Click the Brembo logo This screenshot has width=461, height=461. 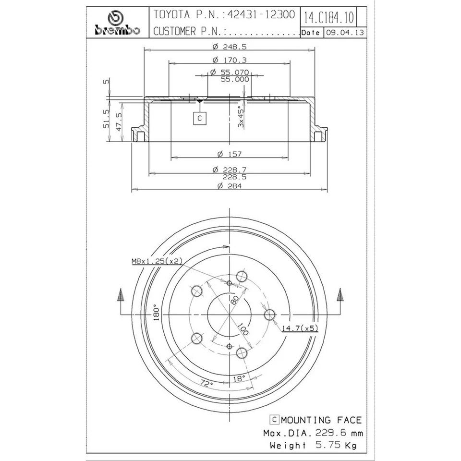pyautogui.click(x=117, y=23)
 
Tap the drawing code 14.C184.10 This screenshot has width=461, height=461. pyautogui.click(x=328, y=18)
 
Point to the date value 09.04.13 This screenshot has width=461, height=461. pyautogui.click(x=345, y=32)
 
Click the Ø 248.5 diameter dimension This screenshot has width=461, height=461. pyautogui.click(x=230, y=47)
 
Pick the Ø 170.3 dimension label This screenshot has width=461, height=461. pyautogui.click(x=230, y=60)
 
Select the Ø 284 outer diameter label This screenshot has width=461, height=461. pyautogui.click(x=230, y=186)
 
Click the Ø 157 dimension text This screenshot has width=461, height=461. pyautogui.click(x=230, y=154)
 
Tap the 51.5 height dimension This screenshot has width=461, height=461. pyautogui.click(x=106, y=119)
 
